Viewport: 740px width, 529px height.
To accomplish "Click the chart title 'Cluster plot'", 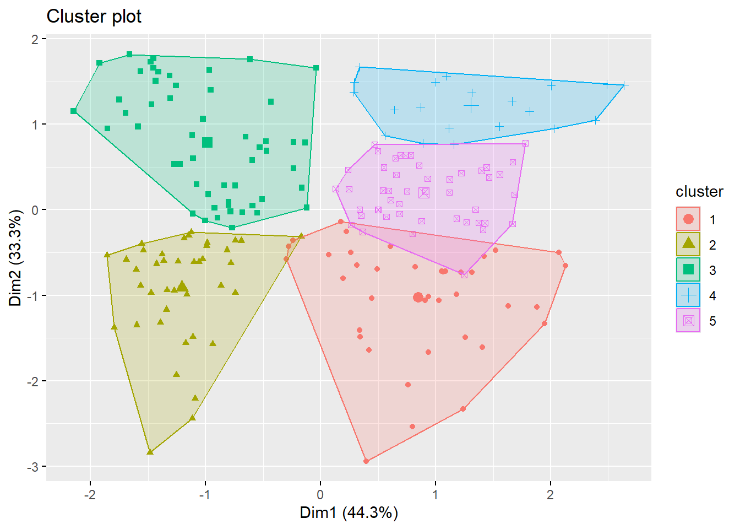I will coord(94,17).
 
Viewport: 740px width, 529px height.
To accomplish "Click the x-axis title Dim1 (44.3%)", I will coord(349,512).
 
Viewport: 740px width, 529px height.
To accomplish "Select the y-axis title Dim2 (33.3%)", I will coord(15,258).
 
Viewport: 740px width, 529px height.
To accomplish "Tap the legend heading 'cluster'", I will coord(699,191).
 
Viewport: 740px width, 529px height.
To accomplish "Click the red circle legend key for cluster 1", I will coord(688,219).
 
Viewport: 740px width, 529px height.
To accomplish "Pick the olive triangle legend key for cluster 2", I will coord(688,245).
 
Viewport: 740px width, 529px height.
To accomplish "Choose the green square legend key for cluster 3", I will coord(688,270).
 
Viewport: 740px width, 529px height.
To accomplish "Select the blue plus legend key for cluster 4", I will coord(688,295).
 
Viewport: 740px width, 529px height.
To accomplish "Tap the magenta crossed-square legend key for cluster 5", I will coord(688,321).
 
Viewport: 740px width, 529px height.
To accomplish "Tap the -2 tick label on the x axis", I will coord(90,495).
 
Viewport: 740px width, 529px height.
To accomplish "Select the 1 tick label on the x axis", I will coord(436,495).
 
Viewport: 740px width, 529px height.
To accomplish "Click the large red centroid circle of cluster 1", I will coord(418,298).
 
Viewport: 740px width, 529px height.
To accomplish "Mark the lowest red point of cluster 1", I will coord(366,461).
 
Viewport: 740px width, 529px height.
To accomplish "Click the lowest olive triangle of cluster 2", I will coord(150,452).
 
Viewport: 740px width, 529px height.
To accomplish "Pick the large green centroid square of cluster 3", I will coord(207,143).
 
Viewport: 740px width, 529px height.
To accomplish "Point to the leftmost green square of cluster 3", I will coord(74,111).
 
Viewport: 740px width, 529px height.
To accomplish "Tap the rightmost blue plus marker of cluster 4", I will coord(624,85).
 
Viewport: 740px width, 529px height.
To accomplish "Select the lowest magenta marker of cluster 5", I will coord(464,274).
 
